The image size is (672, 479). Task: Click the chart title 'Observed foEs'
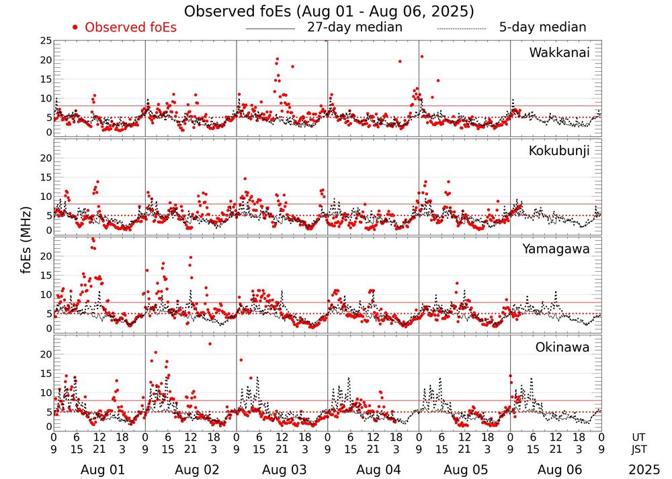coord(329,11)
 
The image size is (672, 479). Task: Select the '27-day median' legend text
coord(354,28)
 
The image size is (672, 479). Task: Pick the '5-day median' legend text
coord(542,28)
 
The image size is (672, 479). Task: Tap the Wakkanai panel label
coord(559,53)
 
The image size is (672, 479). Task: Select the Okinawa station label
coord(562,348)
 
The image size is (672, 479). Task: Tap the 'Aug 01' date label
coord(102,470)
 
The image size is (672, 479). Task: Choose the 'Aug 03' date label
coord(284,470)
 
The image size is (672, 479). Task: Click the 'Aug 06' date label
coord(556,470)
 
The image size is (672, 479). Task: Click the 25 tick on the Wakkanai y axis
coord(45,41)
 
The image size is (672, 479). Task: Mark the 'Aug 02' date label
coord(193,470)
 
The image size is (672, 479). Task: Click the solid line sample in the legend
coord(271,29)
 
